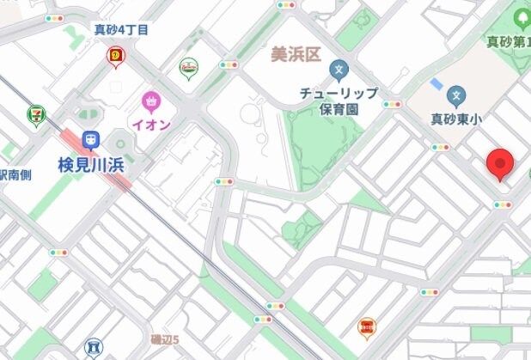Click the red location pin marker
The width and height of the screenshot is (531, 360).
point(500,163)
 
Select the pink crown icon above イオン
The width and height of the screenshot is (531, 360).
point(152,101)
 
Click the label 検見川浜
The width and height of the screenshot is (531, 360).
point(92,163)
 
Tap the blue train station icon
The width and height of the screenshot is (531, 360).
point(90,140)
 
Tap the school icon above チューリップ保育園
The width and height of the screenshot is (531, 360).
point(340,70)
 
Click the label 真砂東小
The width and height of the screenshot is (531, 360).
point(456,119)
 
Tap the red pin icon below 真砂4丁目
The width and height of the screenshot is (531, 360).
point(115,58)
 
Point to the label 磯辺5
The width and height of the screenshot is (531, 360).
point(164,339)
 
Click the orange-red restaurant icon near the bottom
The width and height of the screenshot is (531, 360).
point(367,326)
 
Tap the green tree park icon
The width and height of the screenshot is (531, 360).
point(522,16)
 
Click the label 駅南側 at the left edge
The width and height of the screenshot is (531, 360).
point(15,174)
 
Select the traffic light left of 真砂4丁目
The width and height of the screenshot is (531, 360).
point(55,17)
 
